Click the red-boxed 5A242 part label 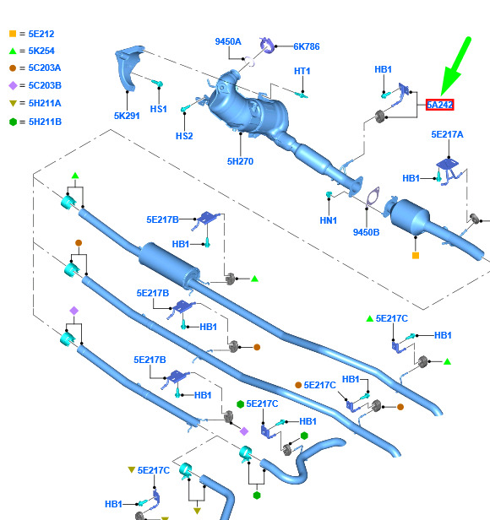point(439,105)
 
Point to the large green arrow point(455,68)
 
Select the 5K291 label point(127,116)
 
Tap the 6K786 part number point(307,46)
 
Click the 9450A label point(228,41)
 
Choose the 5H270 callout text point(240,161)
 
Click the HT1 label point(302,71)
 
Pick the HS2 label point(184,136)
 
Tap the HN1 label point(329,220)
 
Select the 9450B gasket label point(366,232)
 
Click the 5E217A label point(447,134)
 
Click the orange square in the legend point(13,34)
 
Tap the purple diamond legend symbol point(13,86)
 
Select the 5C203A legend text point(45,68)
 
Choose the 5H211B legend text point(45,122)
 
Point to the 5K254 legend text point(41,51)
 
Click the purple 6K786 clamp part point(268,46)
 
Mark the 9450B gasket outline point(373,197)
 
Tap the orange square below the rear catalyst point(416,255)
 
